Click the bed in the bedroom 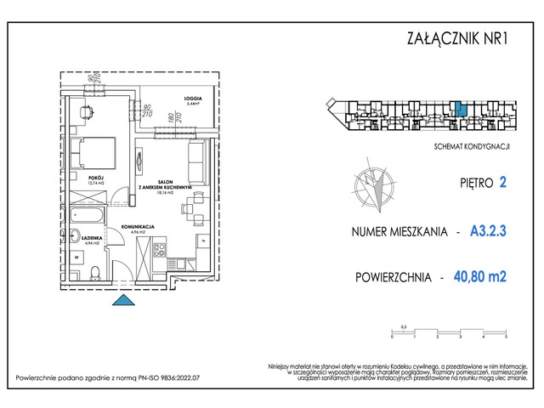pyautogui.click(x=91, y=152)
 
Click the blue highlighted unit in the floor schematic pyautogui.click(x=459, y=109)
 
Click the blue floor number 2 pyautogui.click(x=503, y=181)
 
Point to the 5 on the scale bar pyautogui.click(x=505, y=337)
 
